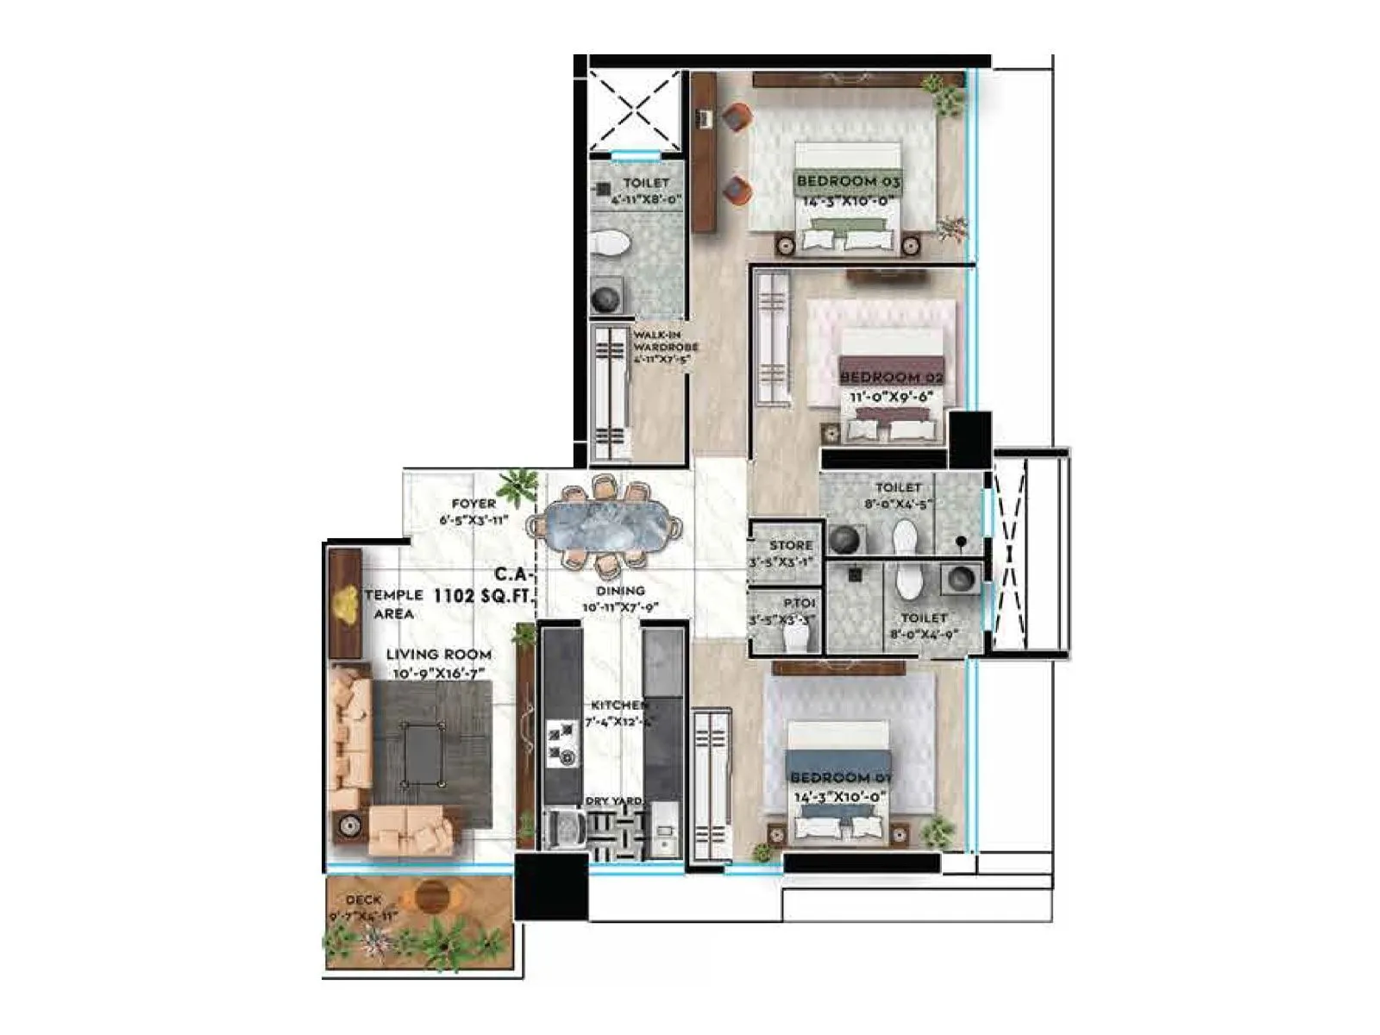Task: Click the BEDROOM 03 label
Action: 849,181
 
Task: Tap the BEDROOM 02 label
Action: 891,377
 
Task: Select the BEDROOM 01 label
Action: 841,777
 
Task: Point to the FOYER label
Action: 474,504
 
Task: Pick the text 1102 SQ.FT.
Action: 484,595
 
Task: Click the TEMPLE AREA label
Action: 393,604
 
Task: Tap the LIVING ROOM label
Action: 439,655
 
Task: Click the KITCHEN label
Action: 618,705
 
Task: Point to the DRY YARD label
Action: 614,801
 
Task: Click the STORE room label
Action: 791,545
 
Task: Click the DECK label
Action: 363,900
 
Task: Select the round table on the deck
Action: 432,898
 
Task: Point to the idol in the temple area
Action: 347,604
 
